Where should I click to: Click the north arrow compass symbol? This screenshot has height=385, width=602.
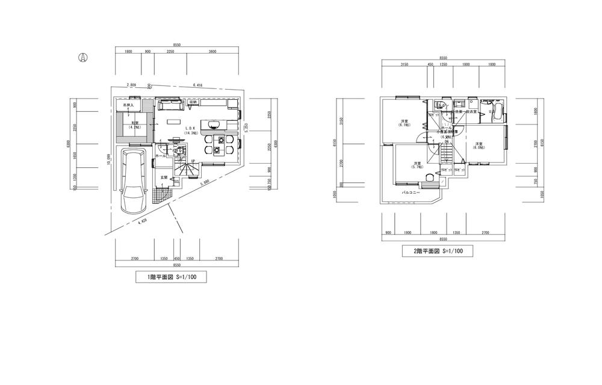click(x=84, y=58)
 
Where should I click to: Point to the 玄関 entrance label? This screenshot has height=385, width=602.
click(x=163, y=177)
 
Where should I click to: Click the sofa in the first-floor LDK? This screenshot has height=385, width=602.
click(x=170, y=106)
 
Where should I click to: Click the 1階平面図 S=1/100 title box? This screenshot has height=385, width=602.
click(x=172, y=277)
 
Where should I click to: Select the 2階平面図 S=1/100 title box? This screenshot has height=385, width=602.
click(x=437, y=251)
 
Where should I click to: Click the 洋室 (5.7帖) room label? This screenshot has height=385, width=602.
click(x=417, y=164)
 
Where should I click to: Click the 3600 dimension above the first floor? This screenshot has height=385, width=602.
click(x=213, y=52)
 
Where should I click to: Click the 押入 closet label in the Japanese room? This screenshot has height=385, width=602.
click(x=128, y=105)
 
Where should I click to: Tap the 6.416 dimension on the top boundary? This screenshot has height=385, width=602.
click(x=197, y=86)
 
